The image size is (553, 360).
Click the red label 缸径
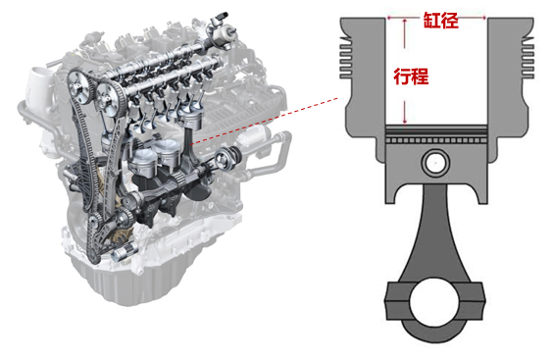(x=441, y=21)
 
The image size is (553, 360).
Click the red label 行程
(x=411, y=77)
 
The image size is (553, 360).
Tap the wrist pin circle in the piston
(x=435, y=163)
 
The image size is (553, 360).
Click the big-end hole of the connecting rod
(x=434, y=301)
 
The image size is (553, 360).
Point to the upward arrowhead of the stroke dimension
(x=405, y=21)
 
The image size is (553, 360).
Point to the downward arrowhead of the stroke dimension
(x=405, y=121)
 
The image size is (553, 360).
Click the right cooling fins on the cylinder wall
(x=528, y=58)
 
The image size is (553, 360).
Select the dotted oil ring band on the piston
(x=436, y=140)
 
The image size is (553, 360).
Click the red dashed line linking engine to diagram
(x=264, y=121)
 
